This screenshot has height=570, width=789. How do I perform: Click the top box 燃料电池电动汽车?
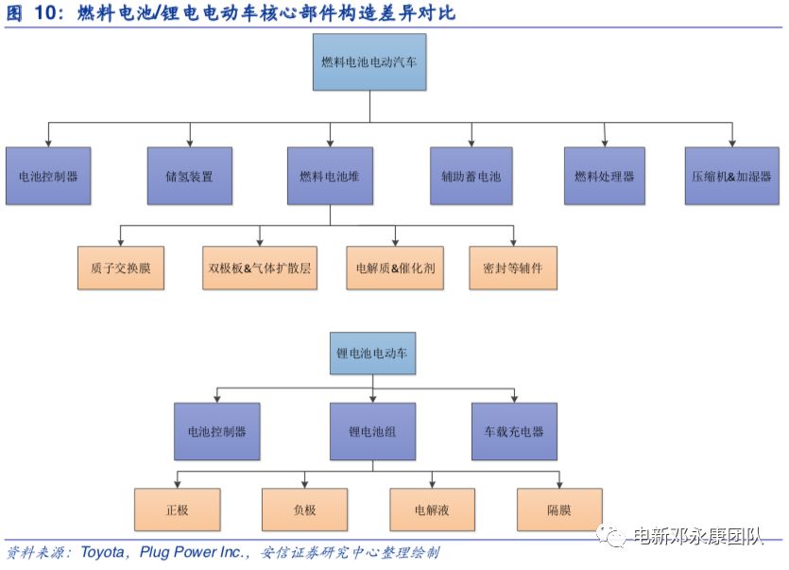tap(369, 62)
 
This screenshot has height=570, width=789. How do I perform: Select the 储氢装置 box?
tap(190, 176)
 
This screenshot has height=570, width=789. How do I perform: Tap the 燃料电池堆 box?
tap(330, 176)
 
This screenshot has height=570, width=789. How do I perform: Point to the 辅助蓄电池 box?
tap(471, 176)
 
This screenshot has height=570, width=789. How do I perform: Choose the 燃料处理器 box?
tap(605, 176)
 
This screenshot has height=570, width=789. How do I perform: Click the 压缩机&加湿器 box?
tap(731, 176)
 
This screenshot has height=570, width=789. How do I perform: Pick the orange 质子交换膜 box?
tap(121, 268)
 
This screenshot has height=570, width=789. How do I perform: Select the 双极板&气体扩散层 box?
tap(260, 268)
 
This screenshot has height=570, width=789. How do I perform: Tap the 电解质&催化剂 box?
tap(395, 268)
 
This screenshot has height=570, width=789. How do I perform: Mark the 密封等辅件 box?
tap(513, 268)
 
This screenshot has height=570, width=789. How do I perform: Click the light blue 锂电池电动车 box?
tap(372, 353)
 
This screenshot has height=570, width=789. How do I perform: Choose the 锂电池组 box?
tap(372, 432)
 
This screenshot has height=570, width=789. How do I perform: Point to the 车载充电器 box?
tap(514, 432)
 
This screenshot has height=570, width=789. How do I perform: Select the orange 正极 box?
tap(177, 510)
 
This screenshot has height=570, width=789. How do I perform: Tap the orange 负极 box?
tap(304, 510)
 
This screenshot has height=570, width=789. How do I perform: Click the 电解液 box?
tap(432, 510)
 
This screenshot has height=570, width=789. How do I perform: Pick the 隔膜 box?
tap(559, 510)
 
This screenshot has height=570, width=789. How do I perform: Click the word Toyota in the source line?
tap(102, 552)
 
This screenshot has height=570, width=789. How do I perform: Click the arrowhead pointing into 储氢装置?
tap(190, 144)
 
